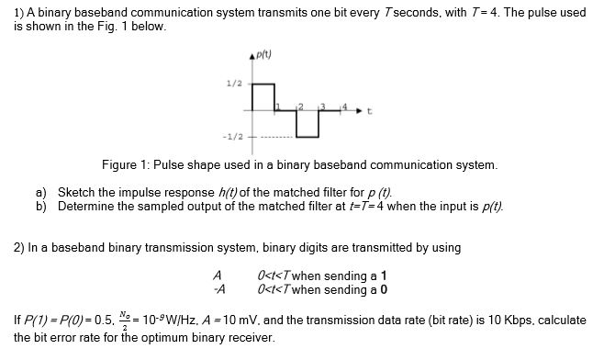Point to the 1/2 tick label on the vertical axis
[x=233, y=84]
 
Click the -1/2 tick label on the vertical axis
[x=231, y=137]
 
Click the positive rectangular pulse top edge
[x=263, y=84]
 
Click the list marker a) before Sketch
[x=41, y=193]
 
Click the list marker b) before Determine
[x=41, y=206]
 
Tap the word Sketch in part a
[x=75, y=193]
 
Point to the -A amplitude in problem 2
[x=217, y=288]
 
